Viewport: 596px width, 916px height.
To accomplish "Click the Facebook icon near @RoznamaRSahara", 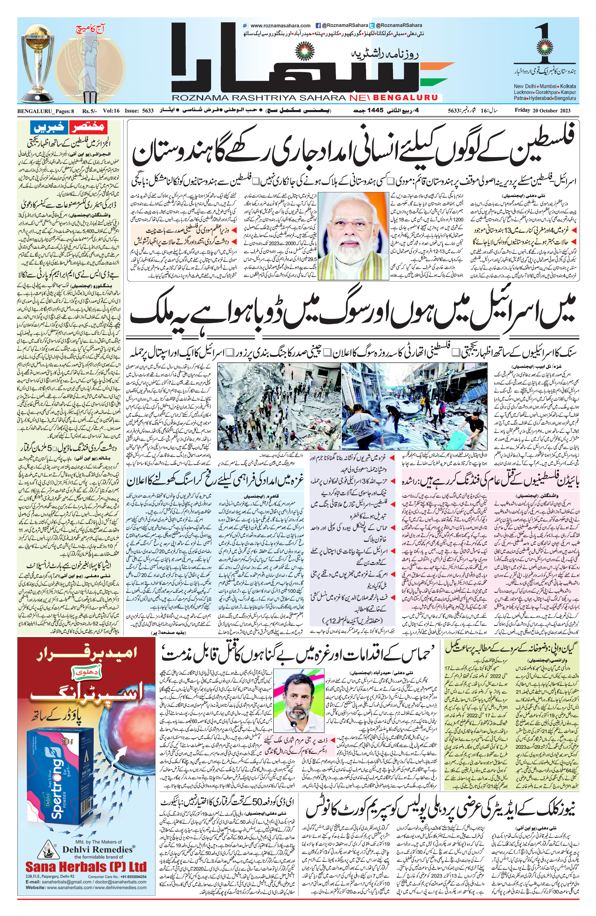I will (x=318, y=26).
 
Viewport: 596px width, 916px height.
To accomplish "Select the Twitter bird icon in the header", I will (x=372, y=26).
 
